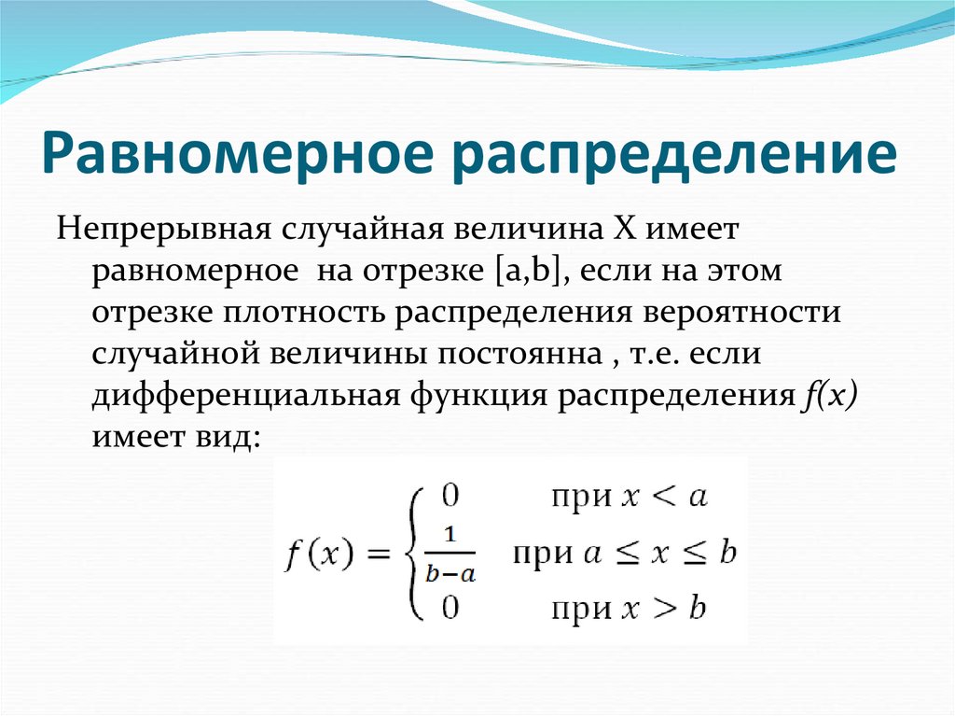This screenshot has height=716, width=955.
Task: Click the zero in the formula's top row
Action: click(x=450, y=495)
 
